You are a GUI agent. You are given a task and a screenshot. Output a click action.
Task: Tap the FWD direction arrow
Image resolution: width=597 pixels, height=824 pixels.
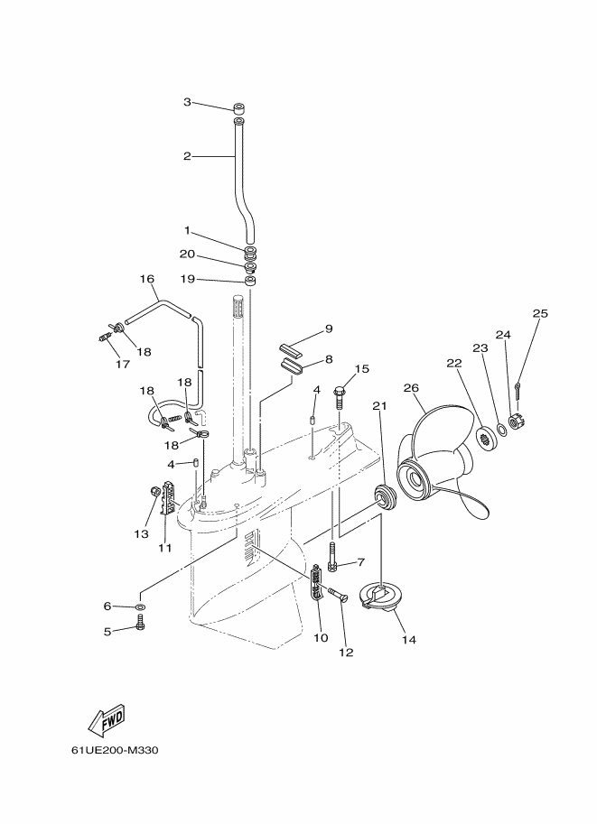[x=107, y=720]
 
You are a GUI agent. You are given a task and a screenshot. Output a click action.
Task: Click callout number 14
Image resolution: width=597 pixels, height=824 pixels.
[x=409, y=640]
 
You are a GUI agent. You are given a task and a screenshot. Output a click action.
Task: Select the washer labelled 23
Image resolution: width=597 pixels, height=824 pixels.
[x=502, y=431]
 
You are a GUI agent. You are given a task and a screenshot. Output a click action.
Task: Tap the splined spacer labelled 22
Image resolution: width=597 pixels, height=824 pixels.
[x=485, y=436]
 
